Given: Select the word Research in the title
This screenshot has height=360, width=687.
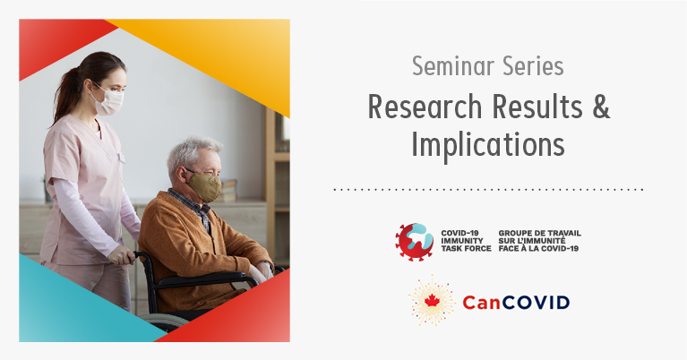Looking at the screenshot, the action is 425,107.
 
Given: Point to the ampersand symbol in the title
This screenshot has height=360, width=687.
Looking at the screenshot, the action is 601,107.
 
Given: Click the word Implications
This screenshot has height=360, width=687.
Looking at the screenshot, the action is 488,145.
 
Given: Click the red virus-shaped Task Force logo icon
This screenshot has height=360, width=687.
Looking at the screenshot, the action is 415,242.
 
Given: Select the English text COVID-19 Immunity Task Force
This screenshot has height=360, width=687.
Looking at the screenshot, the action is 466,241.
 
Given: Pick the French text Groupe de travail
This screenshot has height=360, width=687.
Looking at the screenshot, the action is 540,233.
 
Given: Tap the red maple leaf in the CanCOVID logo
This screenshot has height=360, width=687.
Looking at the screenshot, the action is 432,301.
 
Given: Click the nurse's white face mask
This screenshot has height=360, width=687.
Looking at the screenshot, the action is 109,102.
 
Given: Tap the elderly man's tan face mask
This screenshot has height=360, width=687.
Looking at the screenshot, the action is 204,186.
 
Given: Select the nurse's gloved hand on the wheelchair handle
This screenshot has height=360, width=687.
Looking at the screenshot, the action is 121,255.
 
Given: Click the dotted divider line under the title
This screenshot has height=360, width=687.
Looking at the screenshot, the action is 488,190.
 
